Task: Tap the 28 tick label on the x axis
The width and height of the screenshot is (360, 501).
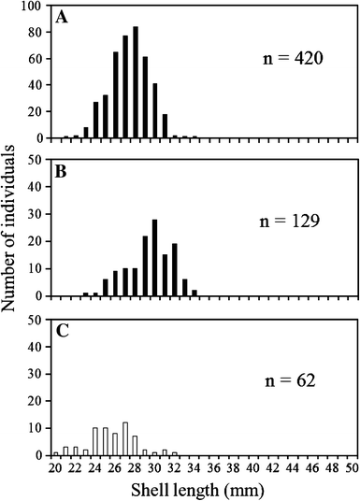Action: (x=135, y=465)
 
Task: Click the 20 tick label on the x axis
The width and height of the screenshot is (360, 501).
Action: (x=55, y=465)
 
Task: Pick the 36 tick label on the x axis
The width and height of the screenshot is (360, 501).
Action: (x=214, y=465)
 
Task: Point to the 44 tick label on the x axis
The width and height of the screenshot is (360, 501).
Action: (x=293, y=465)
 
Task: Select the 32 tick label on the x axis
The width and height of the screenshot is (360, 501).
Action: (x=174, y=465)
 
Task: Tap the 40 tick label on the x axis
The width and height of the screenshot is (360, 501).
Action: (x=253, y=465)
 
